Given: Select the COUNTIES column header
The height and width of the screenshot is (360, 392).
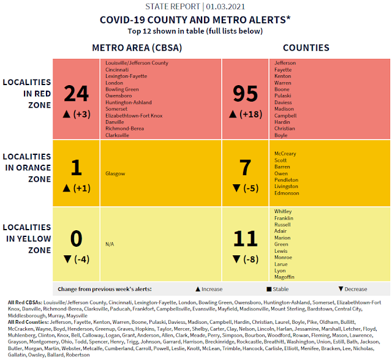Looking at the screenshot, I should [306, 47].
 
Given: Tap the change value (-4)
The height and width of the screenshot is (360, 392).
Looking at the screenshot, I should [81, 258].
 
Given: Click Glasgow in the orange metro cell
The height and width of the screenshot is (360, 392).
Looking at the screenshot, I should [115, 173].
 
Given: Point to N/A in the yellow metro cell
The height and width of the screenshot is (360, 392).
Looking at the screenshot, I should [110, 243].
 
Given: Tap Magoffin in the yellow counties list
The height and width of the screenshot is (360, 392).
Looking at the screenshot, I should [285, 277].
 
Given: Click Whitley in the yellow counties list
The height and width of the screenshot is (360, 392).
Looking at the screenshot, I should [283, 211].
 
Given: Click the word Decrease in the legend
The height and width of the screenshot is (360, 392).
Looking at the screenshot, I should [356, 289].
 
